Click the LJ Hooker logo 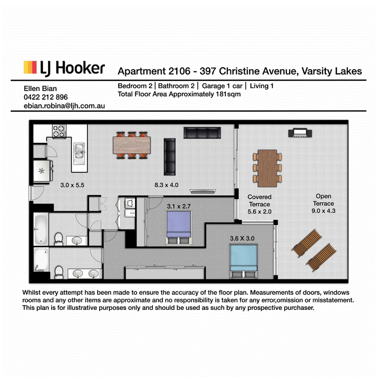(x=64, y=67)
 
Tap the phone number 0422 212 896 (x=46, y=97)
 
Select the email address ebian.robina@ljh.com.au (x=64, y=106)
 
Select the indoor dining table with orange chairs (x=132, y=145)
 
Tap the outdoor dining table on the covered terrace (x=267, y=168)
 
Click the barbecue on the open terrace (x=300, y=133)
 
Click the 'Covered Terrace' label (x=259, y=204)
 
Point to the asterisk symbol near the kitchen (x=41, y=171)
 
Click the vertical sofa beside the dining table (x=170, y=157)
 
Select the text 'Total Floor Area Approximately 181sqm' (x=179, y=94)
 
